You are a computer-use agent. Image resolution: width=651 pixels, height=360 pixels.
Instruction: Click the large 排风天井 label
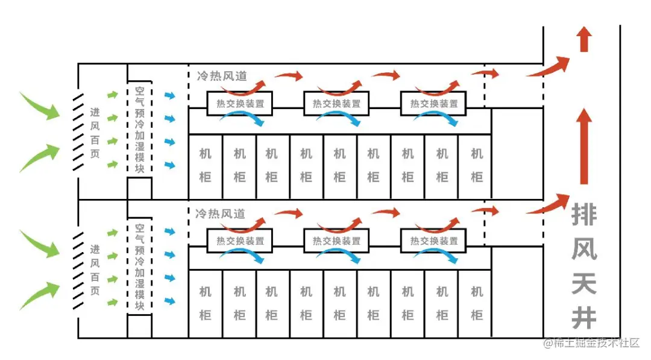point(584,265)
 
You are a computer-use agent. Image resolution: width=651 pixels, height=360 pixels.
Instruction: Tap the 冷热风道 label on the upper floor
point(221,77)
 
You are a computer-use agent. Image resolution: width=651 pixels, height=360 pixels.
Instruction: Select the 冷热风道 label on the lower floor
point(221,213)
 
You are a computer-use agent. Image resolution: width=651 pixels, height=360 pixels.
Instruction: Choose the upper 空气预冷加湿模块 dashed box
point(140,129)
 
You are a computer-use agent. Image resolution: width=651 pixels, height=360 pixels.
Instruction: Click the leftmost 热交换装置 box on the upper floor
point(239,103)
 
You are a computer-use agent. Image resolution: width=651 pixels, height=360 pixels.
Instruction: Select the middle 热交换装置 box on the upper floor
point(336,103)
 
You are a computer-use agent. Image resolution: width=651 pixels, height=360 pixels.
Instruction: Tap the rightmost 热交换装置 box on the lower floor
point(433,241)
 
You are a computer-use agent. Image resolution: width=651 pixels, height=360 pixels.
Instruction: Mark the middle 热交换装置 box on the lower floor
point(336,241)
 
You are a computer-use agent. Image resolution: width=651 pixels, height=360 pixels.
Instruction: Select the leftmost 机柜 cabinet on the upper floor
point(206,166)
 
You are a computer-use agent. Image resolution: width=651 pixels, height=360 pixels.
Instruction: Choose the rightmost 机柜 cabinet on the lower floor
point(476,303)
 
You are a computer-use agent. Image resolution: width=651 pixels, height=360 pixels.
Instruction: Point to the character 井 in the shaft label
point(584,316)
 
